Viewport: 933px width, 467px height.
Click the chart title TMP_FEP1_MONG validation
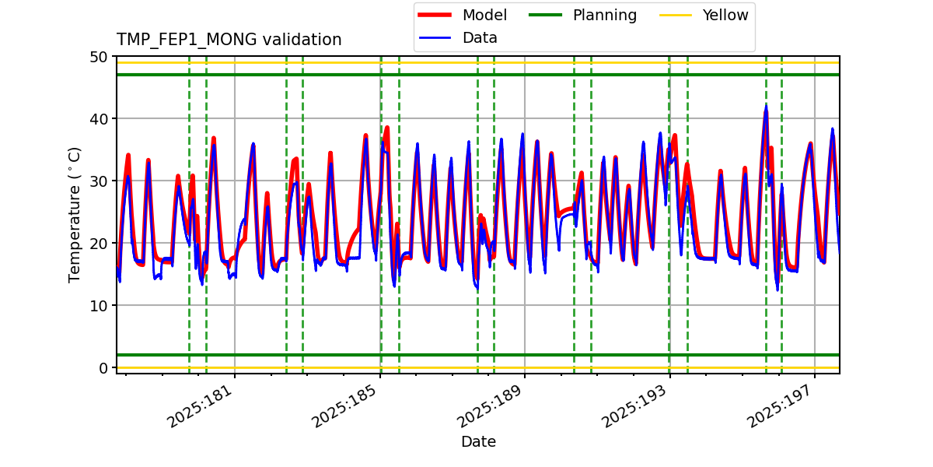click(x=229, y=40)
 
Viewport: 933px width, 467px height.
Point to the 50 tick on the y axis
click(x=99, y=57)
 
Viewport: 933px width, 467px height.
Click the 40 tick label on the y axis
click(x=99, y=119)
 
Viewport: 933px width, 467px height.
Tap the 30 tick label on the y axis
click(x=99, y=181)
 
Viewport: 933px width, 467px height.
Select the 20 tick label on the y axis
click(x=99, y=244)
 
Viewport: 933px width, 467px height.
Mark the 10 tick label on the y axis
click(x=99, y=306)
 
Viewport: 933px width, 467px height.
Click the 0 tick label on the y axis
click(x=103, y=368)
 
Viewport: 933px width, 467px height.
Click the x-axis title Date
click(x=478, y=442)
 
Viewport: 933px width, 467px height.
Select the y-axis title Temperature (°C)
click(x=75, y=214)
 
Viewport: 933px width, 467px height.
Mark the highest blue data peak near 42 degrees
click(x=766, y=107)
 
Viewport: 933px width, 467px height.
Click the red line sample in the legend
click(x=436, y=16)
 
